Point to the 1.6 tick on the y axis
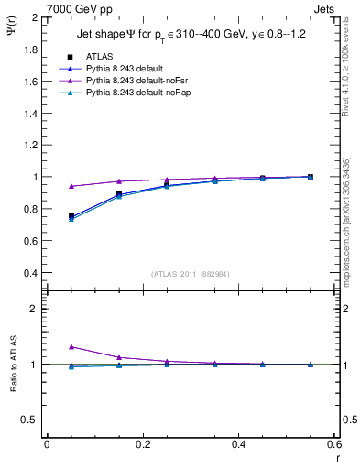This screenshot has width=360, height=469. [28, 82]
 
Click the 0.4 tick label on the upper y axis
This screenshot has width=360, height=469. [28, 273]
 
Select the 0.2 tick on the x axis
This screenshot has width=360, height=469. [142, 444]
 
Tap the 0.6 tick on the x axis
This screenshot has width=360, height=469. [333, 444]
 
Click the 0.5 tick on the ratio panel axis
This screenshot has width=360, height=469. [28, 420]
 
